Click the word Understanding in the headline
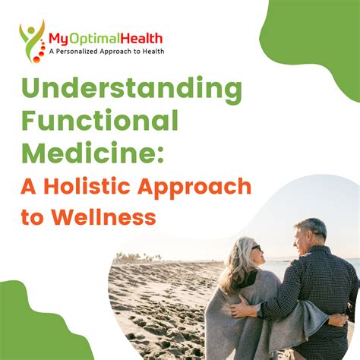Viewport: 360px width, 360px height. pos(131,90)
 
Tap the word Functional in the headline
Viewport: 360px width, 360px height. pos(100,120)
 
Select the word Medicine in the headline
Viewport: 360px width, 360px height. pos(90,153)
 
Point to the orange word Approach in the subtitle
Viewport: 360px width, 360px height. pos(194,188)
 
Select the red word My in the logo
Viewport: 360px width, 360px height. pos(58,40)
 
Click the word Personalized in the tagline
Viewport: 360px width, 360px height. pos(77,52)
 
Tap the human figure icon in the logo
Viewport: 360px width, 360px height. pos(32,40)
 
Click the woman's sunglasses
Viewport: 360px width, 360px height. pos(256,248)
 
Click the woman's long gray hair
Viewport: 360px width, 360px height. pos(238,264)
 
